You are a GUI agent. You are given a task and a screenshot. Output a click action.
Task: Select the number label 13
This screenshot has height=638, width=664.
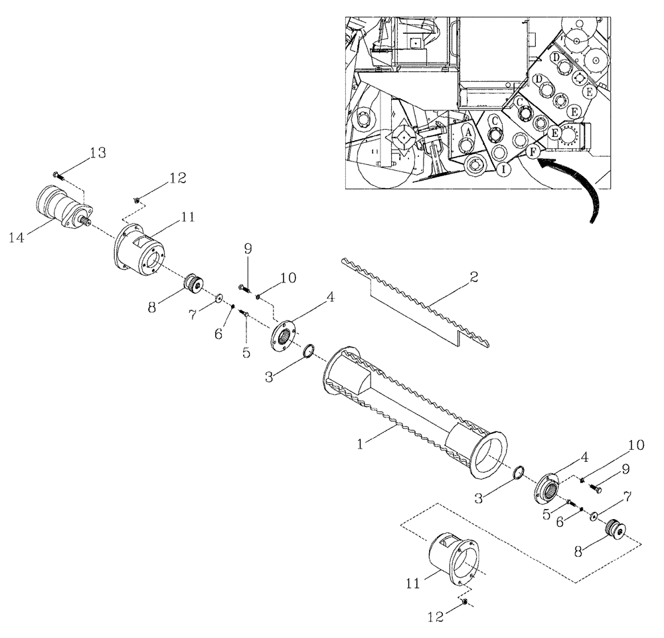(97, 154)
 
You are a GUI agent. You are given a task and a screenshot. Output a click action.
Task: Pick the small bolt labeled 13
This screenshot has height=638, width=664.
(58, 175)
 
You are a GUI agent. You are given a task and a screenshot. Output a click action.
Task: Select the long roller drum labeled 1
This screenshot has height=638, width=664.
(412, 408)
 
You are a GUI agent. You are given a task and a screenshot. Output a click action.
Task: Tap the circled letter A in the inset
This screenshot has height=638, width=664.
(468, 132)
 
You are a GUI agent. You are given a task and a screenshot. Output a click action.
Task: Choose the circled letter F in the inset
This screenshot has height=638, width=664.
(532, 152)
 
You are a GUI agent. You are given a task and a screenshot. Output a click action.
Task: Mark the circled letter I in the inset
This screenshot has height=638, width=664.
(505, 169)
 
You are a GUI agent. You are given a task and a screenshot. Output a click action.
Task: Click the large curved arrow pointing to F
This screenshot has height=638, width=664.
(584, 186)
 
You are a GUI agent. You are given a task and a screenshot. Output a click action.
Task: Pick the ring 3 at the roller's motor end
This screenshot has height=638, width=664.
(309, 351)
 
